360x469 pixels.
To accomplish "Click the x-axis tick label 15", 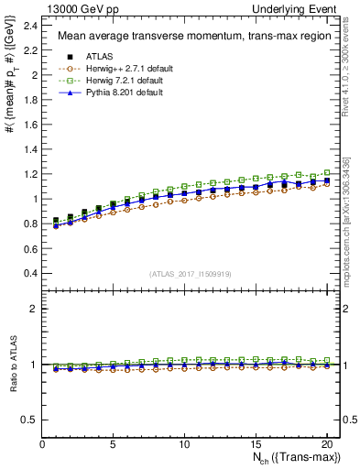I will click(x=254, y=444).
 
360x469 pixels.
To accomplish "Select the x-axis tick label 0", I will click(x=43, y=444).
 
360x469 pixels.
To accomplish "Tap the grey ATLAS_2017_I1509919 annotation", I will click(x=191, y=273).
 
